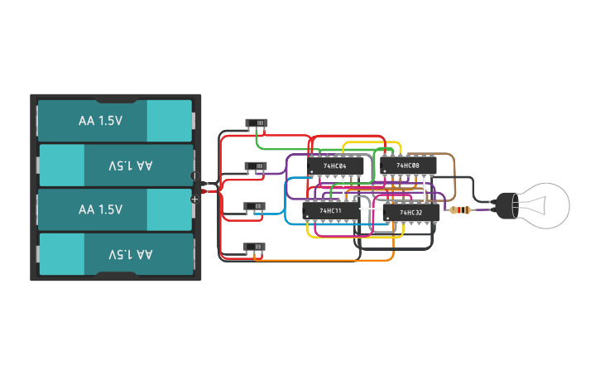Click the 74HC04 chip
(335, 166)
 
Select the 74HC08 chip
(408, 166)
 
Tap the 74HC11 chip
(330, 212)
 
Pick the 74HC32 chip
(411, 213)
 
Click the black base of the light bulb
(502, 203)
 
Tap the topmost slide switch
(257, 124)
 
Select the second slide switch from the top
(256, 166)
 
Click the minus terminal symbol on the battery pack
(195, 175)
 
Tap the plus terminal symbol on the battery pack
(195, 199)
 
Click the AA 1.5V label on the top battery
(100, 120)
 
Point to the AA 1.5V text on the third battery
(100, 209)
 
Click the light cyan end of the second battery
(62, 165)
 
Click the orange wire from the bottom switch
(331, 262)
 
